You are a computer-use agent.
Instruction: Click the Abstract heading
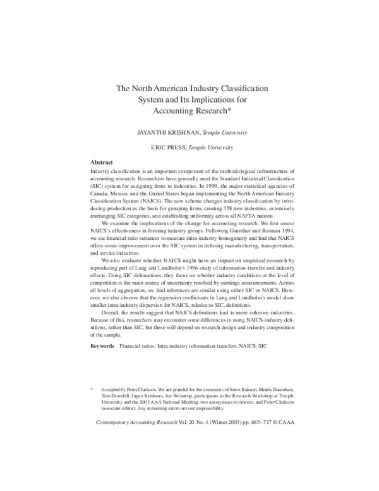102,162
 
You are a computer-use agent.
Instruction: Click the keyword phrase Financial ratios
138,346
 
